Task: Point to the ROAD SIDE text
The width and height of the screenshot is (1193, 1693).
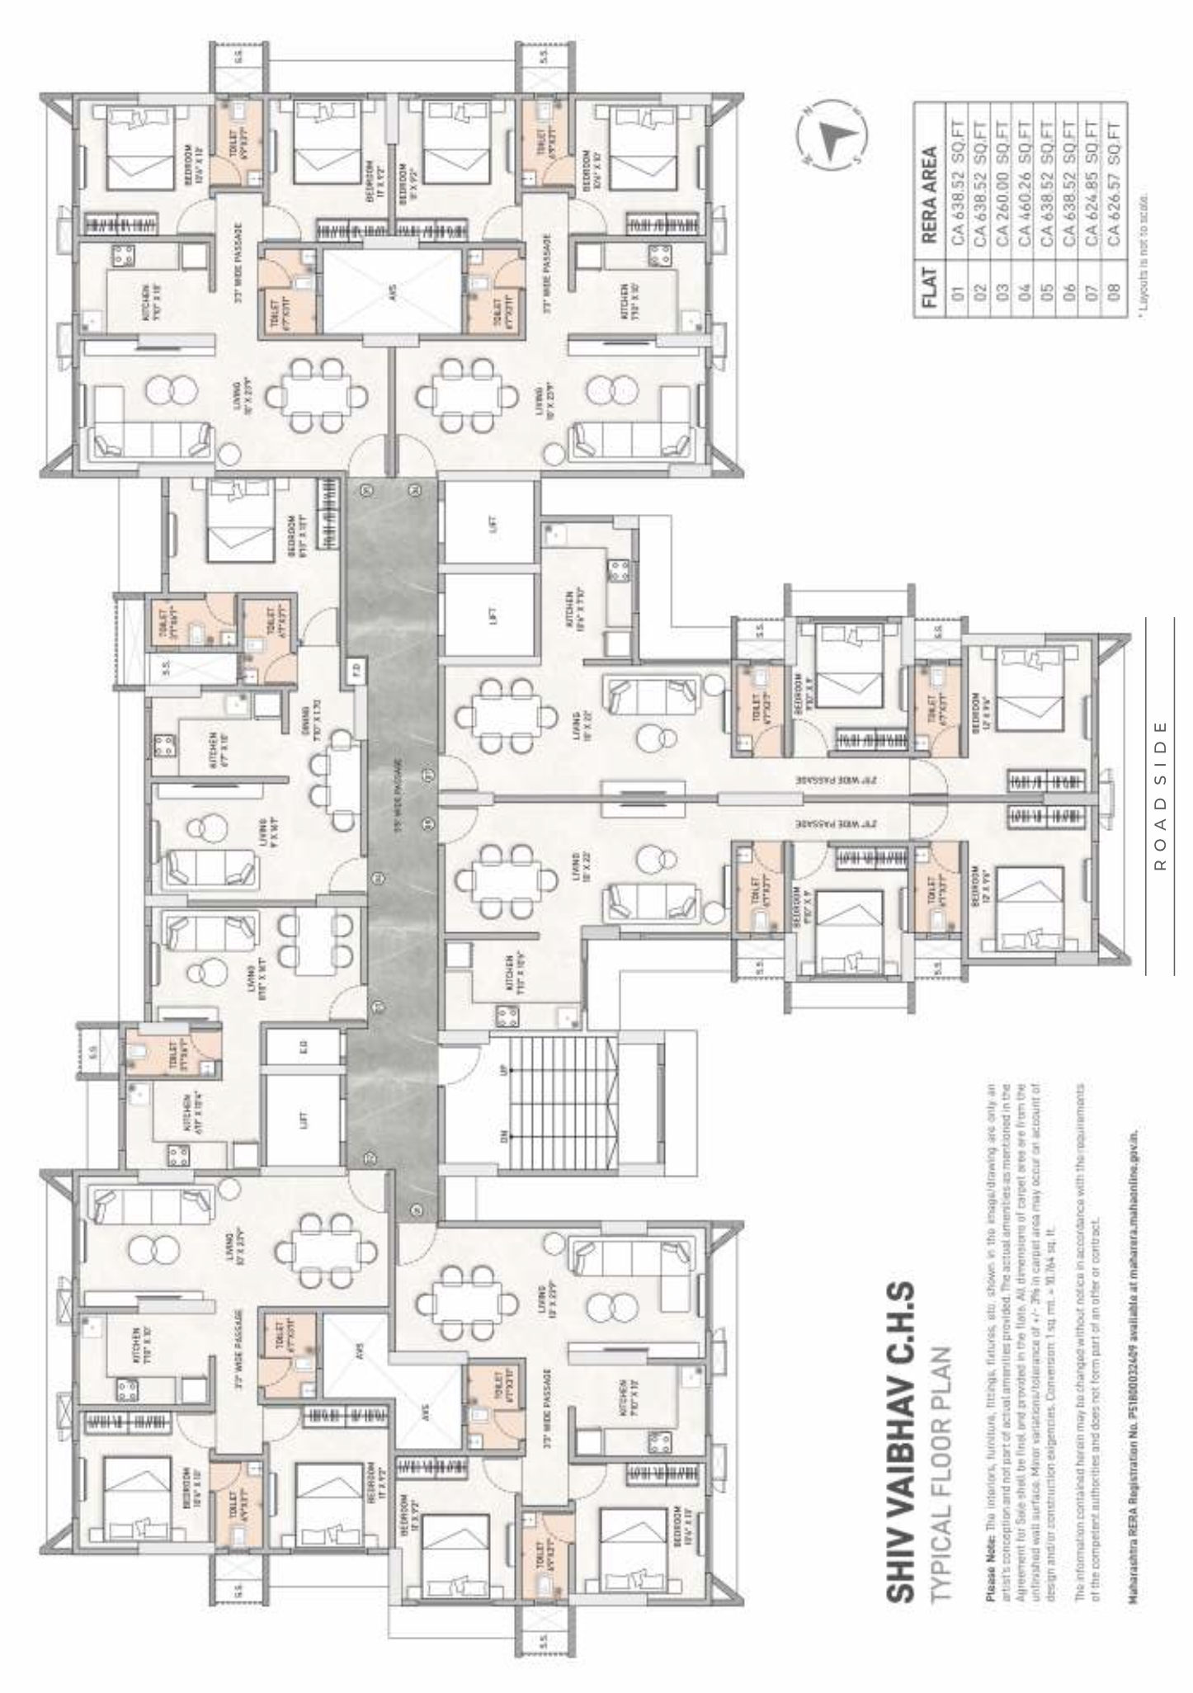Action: (1160, 795)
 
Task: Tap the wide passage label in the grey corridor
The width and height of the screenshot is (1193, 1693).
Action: (397, 796)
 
